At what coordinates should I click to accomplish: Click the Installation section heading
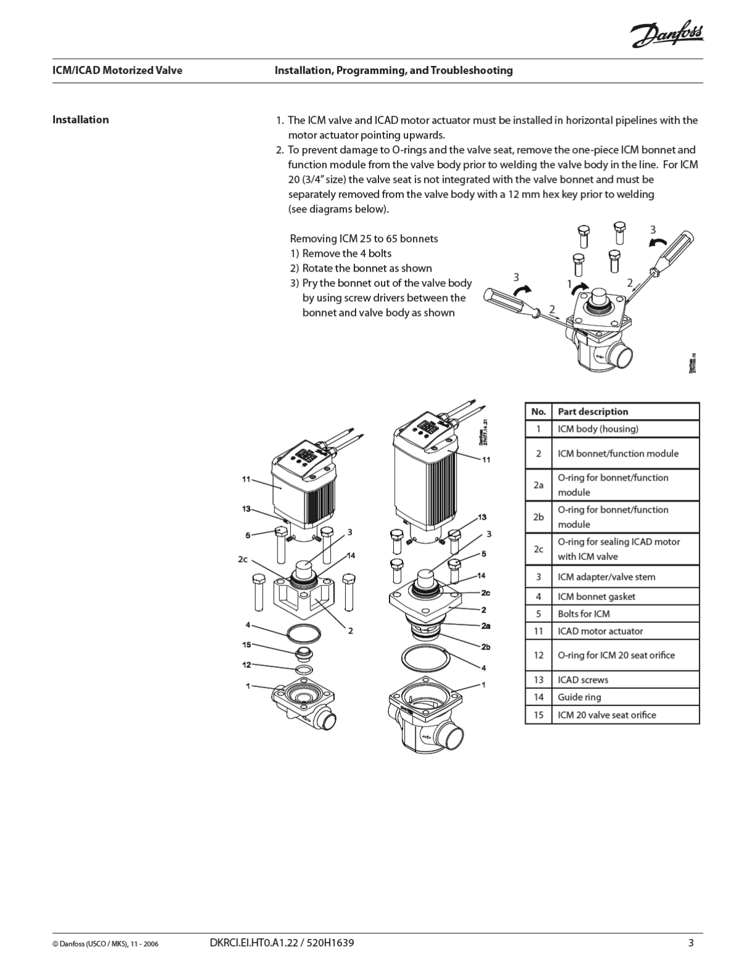(80, 120)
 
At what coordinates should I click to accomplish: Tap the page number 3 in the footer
(691, 942)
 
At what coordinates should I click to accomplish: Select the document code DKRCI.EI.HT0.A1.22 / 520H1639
(282, 942)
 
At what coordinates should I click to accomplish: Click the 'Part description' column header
(592, 412)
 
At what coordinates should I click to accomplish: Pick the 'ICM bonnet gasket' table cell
(596, 596)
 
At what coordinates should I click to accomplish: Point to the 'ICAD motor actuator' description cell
(600, 631)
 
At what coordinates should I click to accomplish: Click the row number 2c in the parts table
(538, 549)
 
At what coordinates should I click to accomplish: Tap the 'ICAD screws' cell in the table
(582, 680)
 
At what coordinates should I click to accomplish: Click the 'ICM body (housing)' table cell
(597, 429)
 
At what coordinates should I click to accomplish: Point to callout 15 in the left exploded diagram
(247, 645)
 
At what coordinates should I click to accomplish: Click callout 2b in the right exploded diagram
(486, 646)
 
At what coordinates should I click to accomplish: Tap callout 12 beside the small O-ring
(247, 665)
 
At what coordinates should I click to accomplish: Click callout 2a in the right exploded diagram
(486, 626)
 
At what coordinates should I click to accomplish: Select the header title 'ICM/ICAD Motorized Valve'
(117, 70)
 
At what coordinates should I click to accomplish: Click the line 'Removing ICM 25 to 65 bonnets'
(364, 238)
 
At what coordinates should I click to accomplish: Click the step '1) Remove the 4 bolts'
(341, 253)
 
